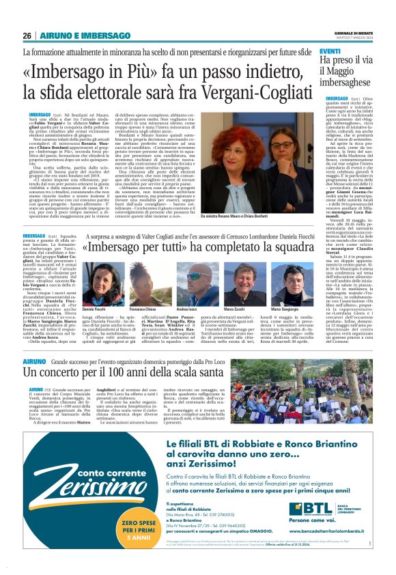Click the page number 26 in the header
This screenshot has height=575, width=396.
click(x=27, y=36)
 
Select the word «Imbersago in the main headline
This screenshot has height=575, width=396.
click(x=68, y=71)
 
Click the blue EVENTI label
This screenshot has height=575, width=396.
click(x=330, y=52)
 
